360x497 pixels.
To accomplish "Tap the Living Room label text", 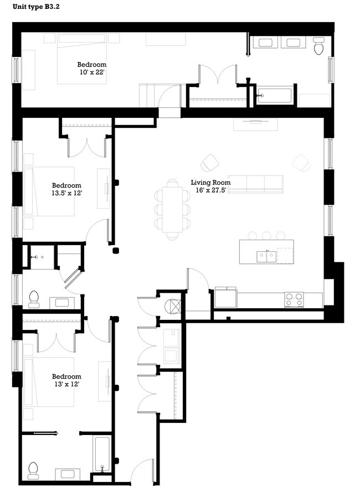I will tap(210, 182).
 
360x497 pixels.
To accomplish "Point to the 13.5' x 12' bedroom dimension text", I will tap(66, 193).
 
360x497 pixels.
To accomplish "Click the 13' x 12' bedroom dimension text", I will tap(66, 384).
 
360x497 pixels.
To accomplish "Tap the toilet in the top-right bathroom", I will tap(318, 46).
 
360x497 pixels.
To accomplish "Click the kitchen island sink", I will tap(267, 255).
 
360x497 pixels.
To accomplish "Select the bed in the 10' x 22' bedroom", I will tap(81, 59).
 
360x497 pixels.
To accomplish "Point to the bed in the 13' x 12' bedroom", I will tap(49, 382).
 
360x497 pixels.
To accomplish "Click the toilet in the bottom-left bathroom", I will tap(33, 470).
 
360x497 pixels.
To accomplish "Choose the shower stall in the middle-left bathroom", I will tap(42, 258).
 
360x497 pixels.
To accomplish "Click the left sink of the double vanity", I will tap(264, 43).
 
